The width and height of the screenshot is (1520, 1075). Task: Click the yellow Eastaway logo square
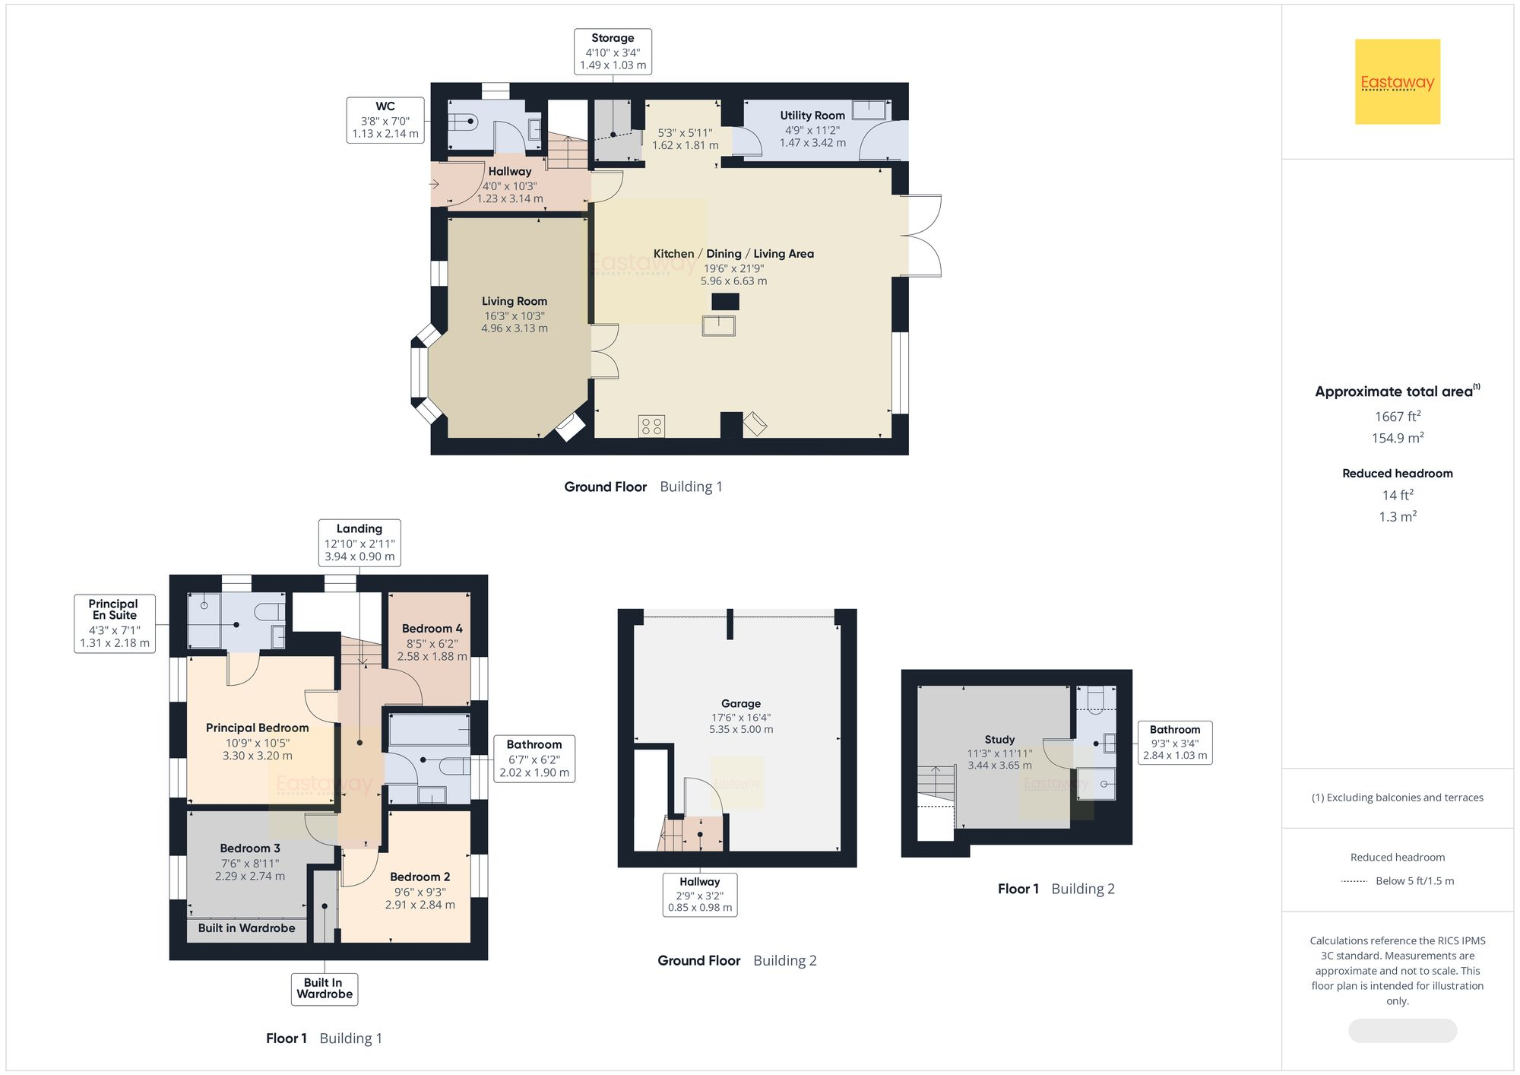(x=1397, y=81)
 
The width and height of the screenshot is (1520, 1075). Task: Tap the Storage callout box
(x=613, y=51)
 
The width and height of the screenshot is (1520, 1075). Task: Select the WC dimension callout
(x=385, y=120)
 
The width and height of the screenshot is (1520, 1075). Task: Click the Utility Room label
(x=812, y=116)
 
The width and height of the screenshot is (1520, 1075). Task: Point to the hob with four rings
(x=651, y=426)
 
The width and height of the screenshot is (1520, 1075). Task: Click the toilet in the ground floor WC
(x=461, y=121)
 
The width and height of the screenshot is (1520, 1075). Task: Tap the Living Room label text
(x=514, y=301)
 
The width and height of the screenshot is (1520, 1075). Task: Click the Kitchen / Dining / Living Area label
(x=733, y=254)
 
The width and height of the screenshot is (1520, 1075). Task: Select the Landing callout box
(x=359, y=542)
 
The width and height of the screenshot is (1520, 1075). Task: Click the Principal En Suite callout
(x=115, y=623)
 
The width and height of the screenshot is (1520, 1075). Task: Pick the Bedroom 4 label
(x=432, y=629)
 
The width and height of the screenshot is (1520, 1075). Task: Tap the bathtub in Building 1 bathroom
(x=429, y=729)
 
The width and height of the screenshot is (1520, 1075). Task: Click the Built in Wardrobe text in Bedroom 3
(x=246, y=928)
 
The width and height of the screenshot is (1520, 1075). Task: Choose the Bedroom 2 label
(x=420, y=877)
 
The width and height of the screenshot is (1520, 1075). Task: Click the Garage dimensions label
(x=741, y=723)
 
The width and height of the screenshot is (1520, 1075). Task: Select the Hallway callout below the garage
(x=699, y=894)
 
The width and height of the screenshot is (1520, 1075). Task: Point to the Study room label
(x=999, y=740)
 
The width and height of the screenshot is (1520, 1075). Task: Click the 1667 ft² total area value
(x=1397, y=417)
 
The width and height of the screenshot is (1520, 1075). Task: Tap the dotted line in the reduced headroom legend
(x=1354, y=881)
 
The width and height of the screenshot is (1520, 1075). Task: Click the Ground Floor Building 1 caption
(x=643, y=487)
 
